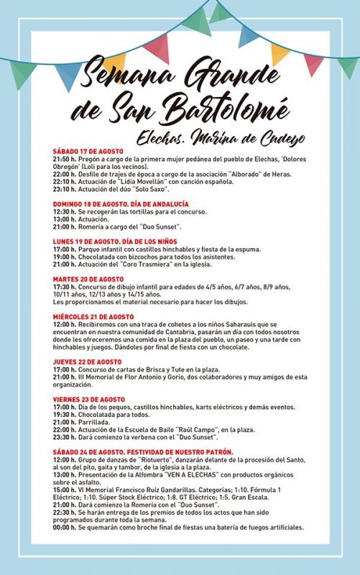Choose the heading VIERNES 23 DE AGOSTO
pos(88,399)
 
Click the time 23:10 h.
pos(66,189)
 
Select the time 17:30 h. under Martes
pos(66,286)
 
